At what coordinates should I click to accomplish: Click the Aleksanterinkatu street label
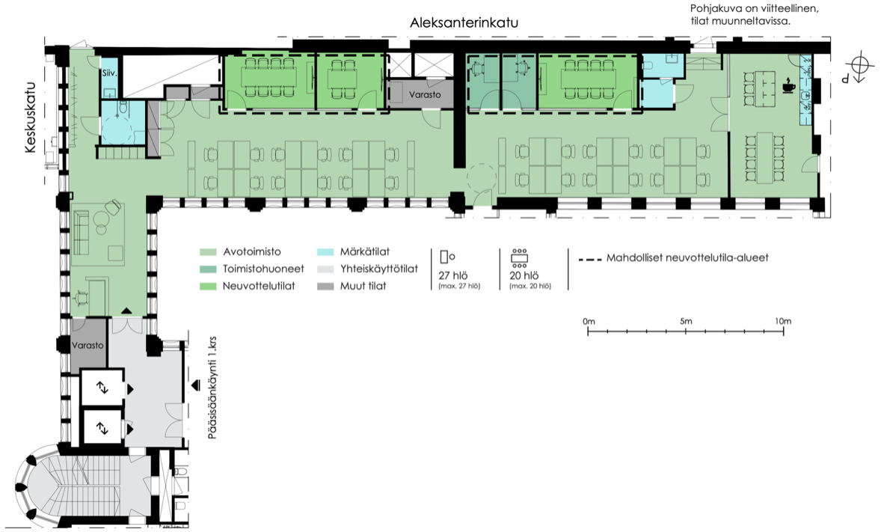click(x=464, y=23)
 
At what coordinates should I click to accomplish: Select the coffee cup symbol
click(x=788, y=86)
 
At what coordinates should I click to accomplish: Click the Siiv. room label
click(x=108, y=73)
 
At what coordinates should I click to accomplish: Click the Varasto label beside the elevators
click(x=87, y=346)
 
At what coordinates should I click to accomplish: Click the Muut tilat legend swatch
click(x=325, y=287)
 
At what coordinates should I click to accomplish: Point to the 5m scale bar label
click(x=687, y=321)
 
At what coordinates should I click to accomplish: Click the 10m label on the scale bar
click(x=782, y=321)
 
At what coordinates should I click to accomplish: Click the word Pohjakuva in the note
click(x=714, y=9)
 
